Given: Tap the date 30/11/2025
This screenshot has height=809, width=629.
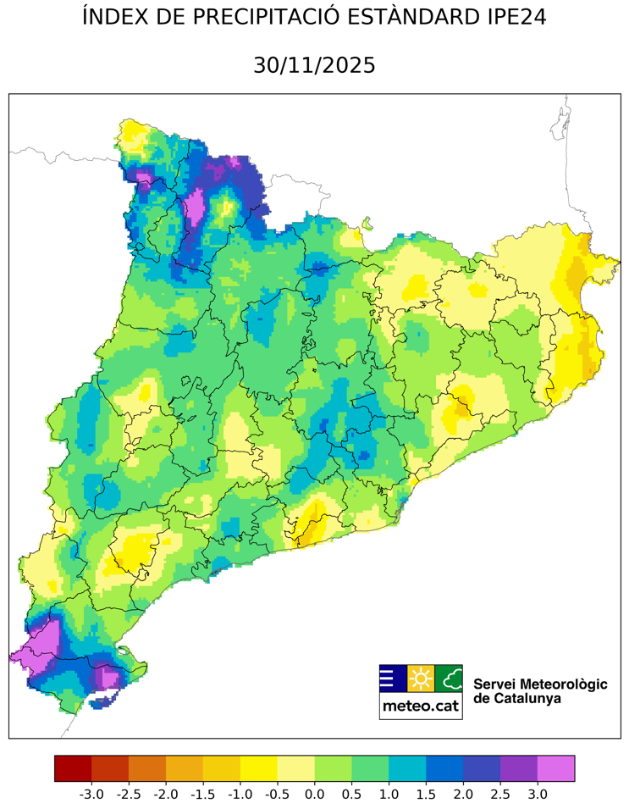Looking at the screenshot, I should point(314,65).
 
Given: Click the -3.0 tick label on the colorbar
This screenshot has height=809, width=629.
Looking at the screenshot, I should point(91,795).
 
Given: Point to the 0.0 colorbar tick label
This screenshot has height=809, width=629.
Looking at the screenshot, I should point(314,795).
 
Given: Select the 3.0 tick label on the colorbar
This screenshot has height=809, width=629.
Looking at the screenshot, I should point(538,795).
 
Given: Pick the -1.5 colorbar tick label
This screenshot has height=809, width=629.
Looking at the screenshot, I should point(202,795).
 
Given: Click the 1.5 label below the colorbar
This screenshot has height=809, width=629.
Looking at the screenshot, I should point(426,795).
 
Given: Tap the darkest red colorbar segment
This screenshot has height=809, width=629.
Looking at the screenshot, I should point(73,768).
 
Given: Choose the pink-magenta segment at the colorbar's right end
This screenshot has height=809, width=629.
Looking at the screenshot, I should point(556,768).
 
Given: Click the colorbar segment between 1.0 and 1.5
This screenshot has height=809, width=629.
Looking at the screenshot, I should point(407,768).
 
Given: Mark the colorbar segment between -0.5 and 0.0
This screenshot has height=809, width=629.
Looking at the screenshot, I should point(295,768).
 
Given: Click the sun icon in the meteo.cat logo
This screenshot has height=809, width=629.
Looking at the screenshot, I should point(421,679).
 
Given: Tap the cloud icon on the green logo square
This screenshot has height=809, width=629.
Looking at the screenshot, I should point(450,679).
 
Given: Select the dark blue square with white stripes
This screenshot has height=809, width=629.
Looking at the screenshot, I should point(393,679).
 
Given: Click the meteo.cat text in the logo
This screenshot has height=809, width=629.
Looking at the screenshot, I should point(421,706).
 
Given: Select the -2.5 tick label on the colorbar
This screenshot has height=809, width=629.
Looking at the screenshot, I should point(128,795).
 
